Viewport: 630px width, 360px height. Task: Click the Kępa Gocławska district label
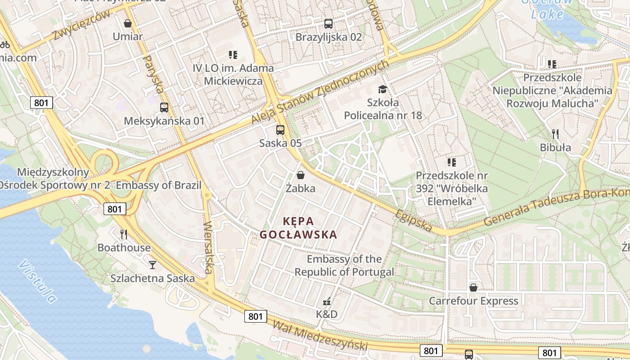coord(298,228)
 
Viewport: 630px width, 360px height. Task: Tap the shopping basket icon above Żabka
coord(300,175)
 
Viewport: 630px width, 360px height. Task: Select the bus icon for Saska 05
coord(280,130)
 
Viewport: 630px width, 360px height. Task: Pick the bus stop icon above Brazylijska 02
coord(328,24)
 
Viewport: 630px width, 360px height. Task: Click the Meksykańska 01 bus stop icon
coord(164,108)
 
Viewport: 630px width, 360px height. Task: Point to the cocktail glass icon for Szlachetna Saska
coord(153,265)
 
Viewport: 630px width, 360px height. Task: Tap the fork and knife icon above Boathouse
coord(124,234)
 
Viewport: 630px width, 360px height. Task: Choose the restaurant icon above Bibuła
coord(555,134)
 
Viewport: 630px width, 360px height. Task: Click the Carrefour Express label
coord(473,301)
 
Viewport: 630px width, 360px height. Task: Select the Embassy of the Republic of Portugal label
coord(344,265)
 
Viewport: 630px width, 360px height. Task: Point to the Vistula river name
coord(38,281)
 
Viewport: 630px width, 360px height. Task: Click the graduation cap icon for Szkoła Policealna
coord(382,89)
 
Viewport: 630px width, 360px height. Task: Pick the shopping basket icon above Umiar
coord(128,23)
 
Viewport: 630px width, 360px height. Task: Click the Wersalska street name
coord(208,247)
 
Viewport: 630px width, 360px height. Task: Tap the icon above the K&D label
coord(327,301)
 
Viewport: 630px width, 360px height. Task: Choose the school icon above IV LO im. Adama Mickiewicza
coord(233,55)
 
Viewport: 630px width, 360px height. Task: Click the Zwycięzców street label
coord(81,25)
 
